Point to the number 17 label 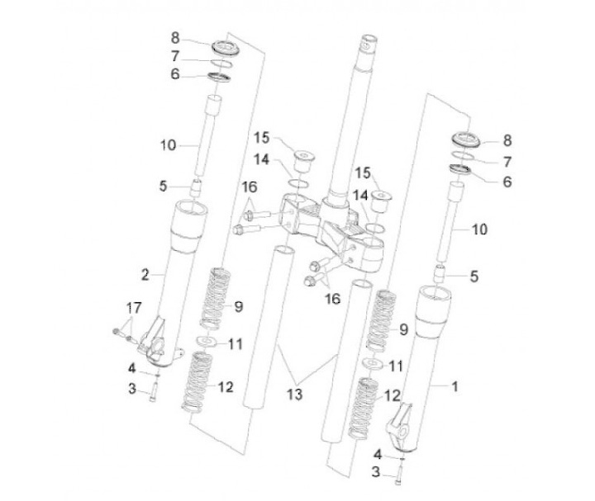click(133, 310)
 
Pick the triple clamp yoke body click(331, 231)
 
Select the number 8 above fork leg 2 click(175, 37)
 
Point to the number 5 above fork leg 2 click(163, 187)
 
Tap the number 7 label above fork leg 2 click(175, 56)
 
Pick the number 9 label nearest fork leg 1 click(404, 329)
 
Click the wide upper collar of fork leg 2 click(189, 225)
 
